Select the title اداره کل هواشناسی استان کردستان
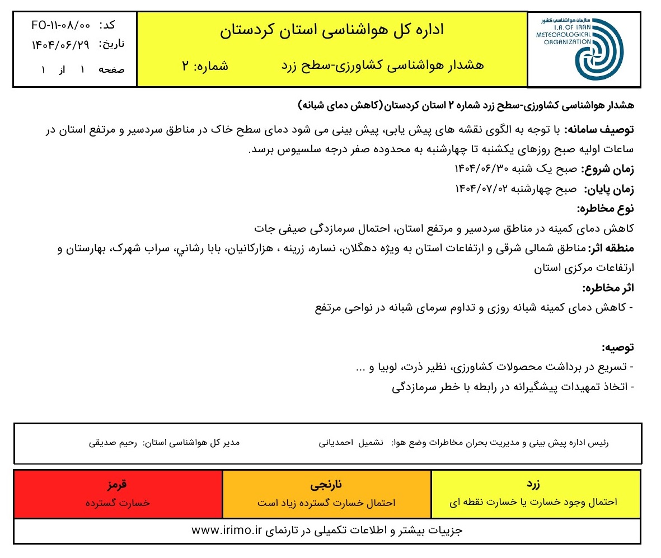[x=332, y=30]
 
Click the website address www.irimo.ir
[x=227, y=530]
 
